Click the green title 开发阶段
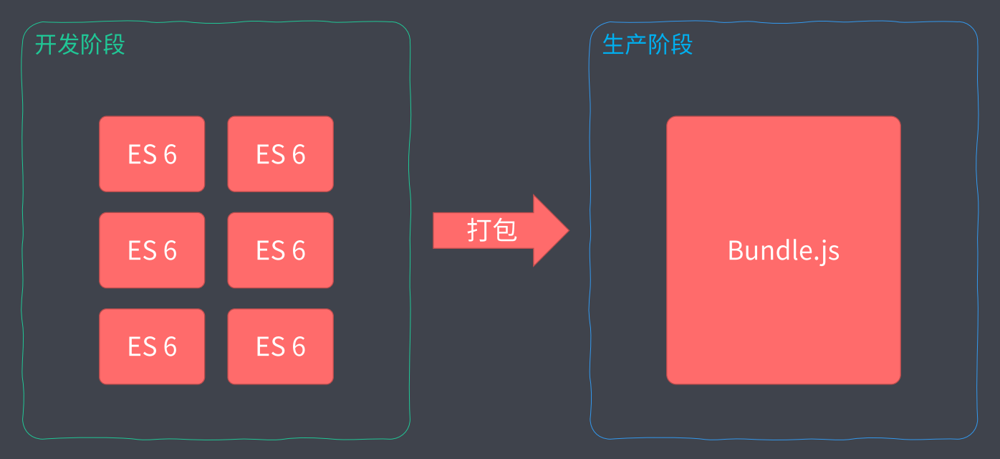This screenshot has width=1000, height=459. pos(80,44)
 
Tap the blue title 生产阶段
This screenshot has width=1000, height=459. pos(648,44)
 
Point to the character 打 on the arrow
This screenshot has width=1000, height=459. pos(479,231)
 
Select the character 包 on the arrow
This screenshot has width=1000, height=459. pos(505,231)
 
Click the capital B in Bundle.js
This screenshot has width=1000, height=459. pos(736,250)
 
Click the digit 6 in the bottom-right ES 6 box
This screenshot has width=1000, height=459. pos(298,347)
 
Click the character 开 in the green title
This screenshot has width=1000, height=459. pos(47,44)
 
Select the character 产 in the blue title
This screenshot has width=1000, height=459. pos(636,44)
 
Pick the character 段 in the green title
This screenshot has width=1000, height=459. pos(114,44)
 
